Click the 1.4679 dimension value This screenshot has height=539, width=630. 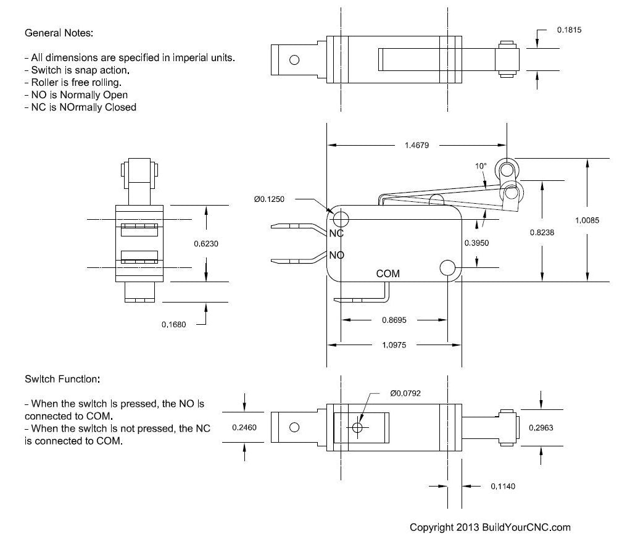pos(417,146)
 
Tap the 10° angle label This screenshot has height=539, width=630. pos(481,165)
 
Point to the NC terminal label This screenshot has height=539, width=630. pos(336,233)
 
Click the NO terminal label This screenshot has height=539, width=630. pos(336,255)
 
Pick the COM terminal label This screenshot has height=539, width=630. pos(388,274)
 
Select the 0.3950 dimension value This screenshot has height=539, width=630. pos(476,243)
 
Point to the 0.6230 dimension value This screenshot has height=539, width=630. pos(206,244)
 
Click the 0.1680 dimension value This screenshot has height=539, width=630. pos(173,324)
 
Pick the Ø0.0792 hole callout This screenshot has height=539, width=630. pos(405,393)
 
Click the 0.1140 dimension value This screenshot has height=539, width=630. pos(503,487)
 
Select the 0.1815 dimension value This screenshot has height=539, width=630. pos(570,30)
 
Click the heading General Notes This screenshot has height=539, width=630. pos(59,32)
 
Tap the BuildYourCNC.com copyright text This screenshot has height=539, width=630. pos(491,527)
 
